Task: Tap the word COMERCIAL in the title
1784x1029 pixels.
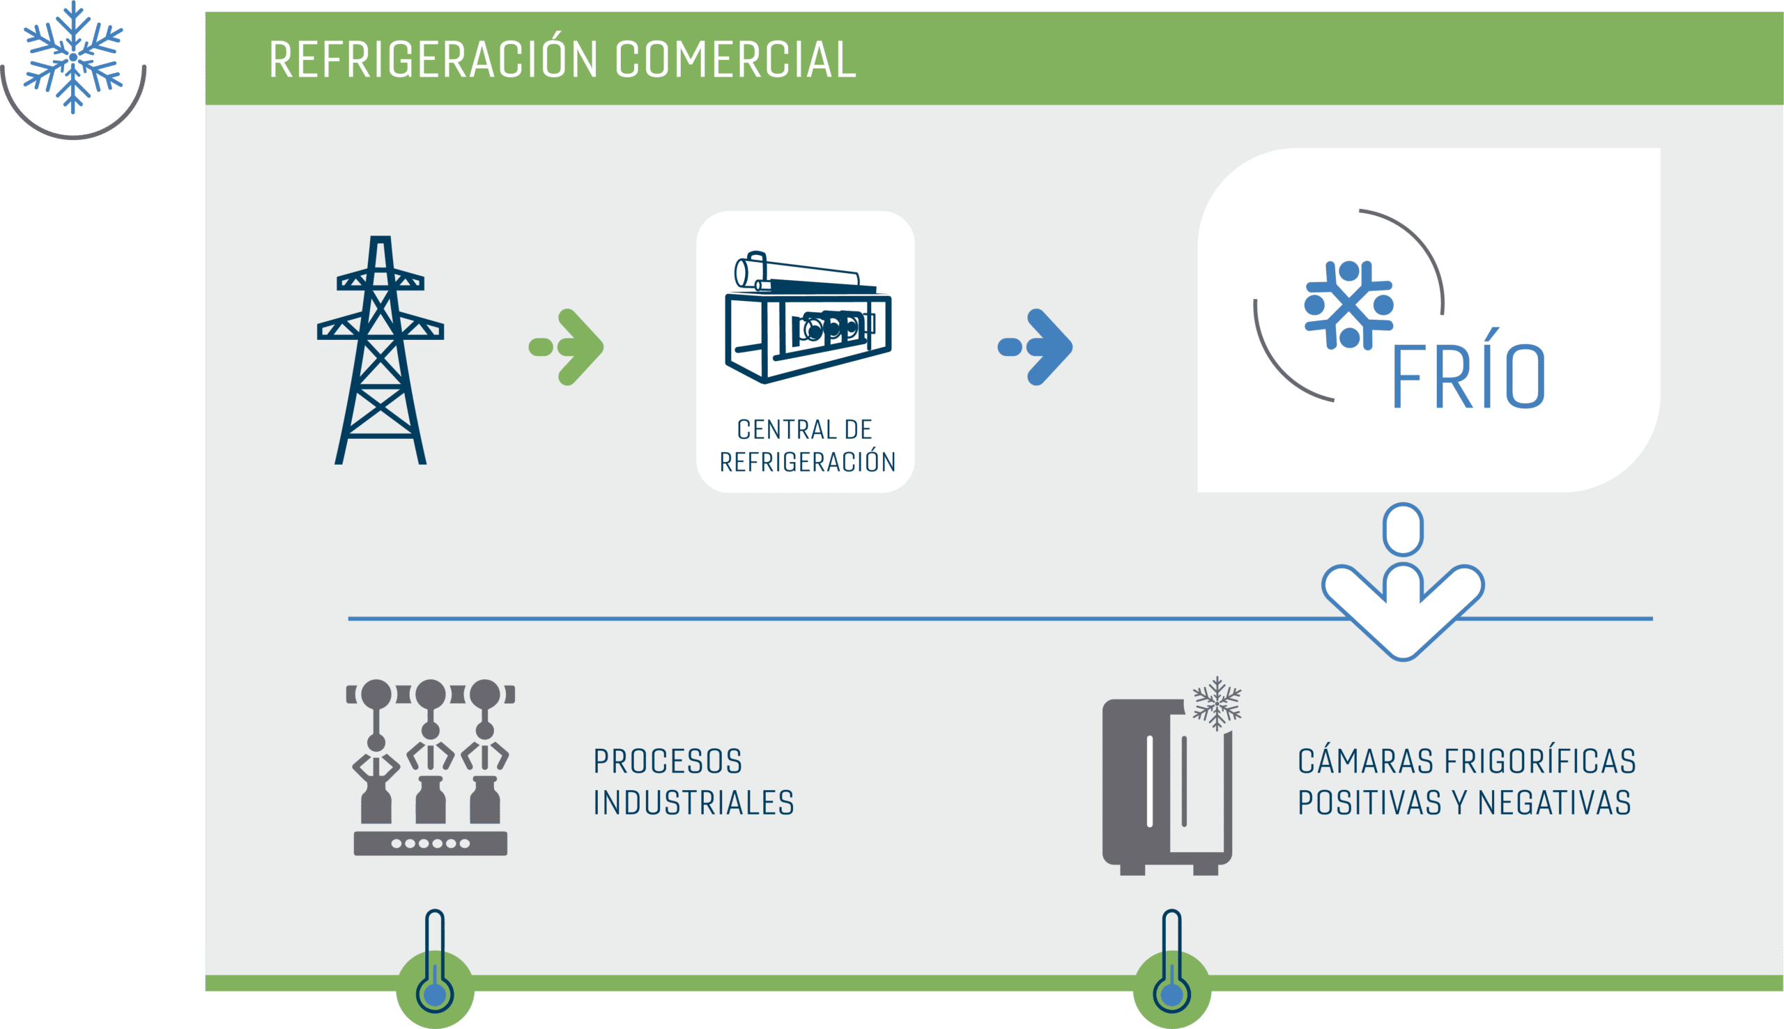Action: (x=736, y=59)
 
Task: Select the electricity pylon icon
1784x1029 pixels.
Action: (x=380, y=350)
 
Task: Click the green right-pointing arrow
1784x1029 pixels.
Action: (x=567, y=347)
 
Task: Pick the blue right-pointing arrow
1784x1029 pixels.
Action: (x=1036, y=347)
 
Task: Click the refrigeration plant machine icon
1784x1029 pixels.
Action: (x=808, y=316)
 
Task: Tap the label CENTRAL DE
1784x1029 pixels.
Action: (x=804, y=430)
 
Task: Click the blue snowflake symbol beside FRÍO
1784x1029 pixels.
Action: (x=1348, y=305)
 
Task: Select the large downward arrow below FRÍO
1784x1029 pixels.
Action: (x=1403, y=582)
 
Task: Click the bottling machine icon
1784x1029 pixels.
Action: (x=431, y=768)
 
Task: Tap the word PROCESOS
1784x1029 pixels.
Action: (x=668, y=762)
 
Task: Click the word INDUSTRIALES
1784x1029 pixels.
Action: (x=694, y=803)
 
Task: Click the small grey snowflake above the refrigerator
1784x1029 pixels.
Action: (x=1217, y=703)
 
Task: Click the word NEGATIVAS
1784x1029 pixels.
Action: (x=1553, y=803)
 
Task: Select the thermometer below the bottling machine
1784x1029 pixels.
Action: (x=436, y=962)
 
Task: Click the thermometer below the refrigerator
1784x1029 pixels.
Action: (x=1172, y=962)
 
